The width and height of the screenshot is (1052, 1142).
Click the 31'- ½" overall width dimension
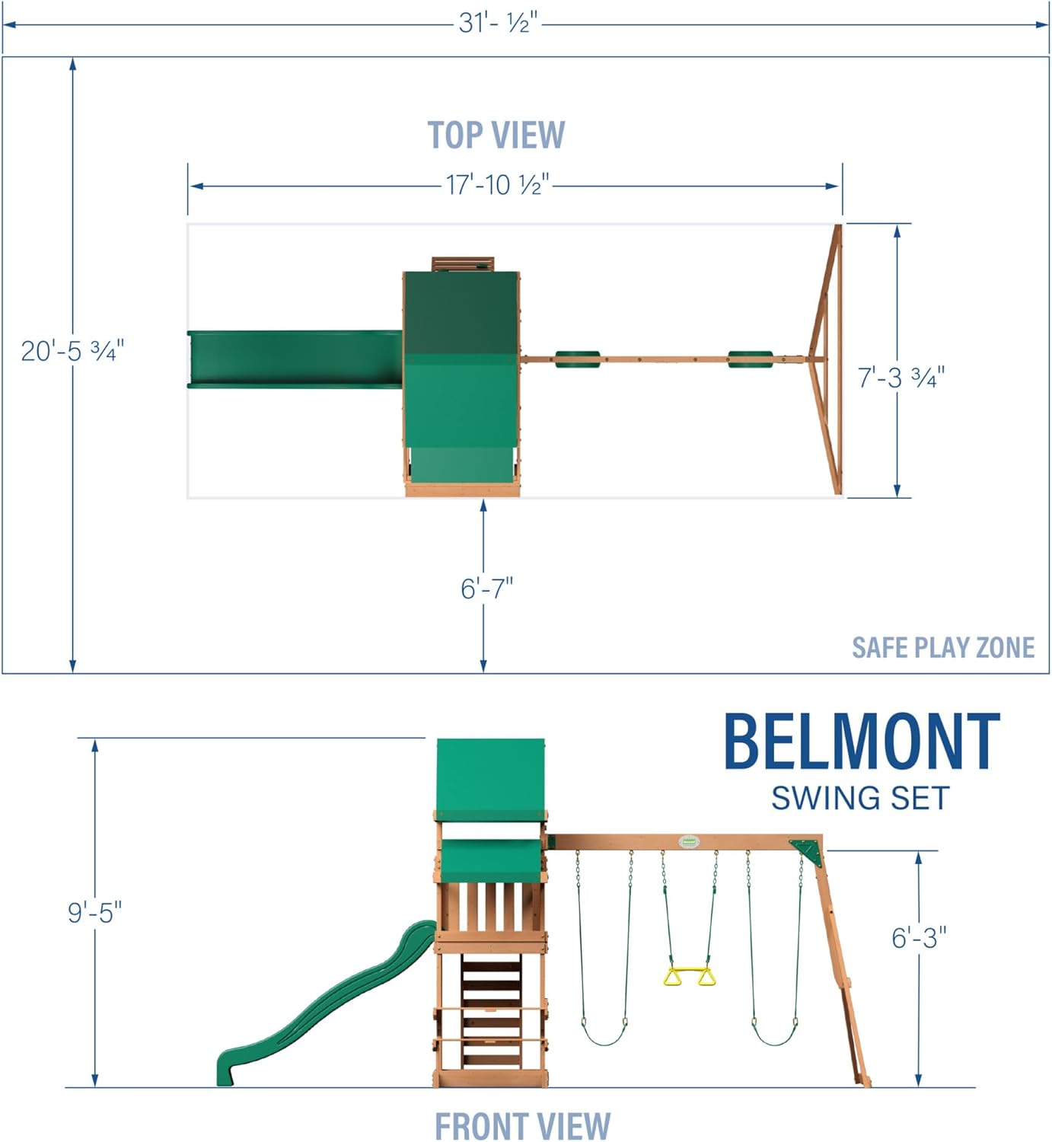pos(498,23)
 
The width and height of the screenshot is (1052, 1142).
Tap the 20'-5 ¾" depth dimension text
pos(72,351)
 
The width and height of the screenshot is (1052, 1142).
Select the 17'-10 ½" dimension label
pos(497,185)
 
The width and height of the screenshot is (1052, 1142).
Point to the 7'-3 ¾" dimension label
pos(901,378)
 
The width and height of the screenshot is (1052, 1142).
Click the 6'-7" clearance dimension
pos(486,589)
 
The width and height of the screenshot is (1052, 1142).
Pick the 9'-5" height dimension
pos(94,911)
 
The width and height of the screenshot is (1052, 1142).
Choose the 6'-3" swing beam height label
pos(919,938)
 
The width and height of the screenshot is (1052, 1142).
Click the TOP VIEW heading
pos(496,136)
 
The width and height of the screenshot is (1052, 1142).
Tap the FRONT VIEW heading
pos(522,1125)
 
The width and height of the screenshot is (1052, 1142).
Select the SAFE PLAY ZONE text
pos(942,648)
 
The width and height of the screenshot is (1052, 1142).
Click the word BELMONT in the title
pos(861,742)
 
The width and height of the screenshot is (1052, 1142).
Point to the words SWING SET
pos(860,799)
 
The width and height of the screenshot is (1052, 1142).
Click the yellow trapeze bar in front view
pos(689,975)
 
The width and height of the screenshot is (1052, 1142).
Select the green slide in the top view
pos(294,359)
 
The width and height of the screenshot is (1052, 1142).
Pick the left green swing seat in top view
pos(577,359)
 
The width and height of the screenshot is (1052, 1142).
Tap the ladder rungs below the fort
pos(491,1005)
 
